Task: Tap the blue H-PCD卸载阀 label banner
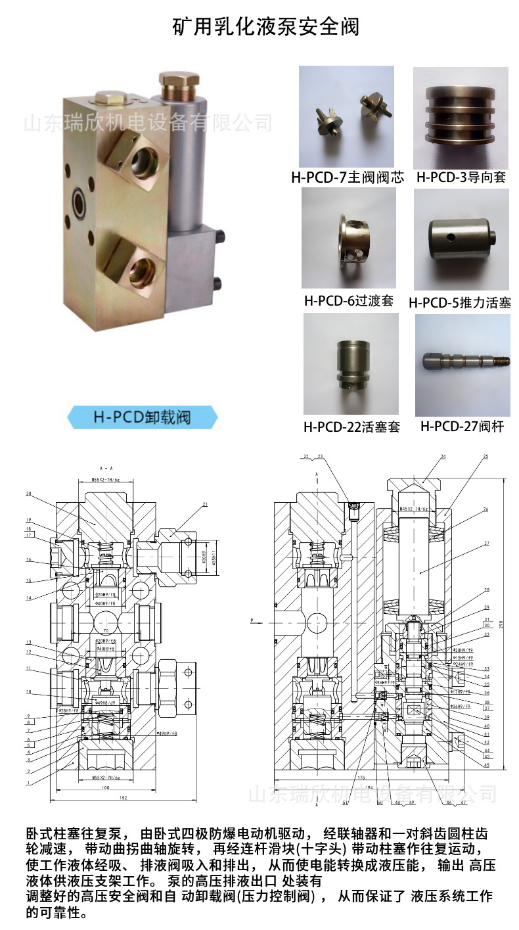143,417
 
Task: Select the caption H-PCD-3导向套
461,177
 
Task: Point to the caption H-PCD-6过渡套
349,301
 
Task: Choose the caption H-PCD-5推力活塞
460,302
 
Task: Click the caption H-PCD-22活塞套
351,427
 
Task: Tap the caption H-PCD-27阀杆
462,427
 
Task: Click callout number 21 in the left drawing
206,504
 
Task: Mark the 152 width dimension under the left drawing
124,798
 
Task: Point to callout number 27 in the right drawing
487,543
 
